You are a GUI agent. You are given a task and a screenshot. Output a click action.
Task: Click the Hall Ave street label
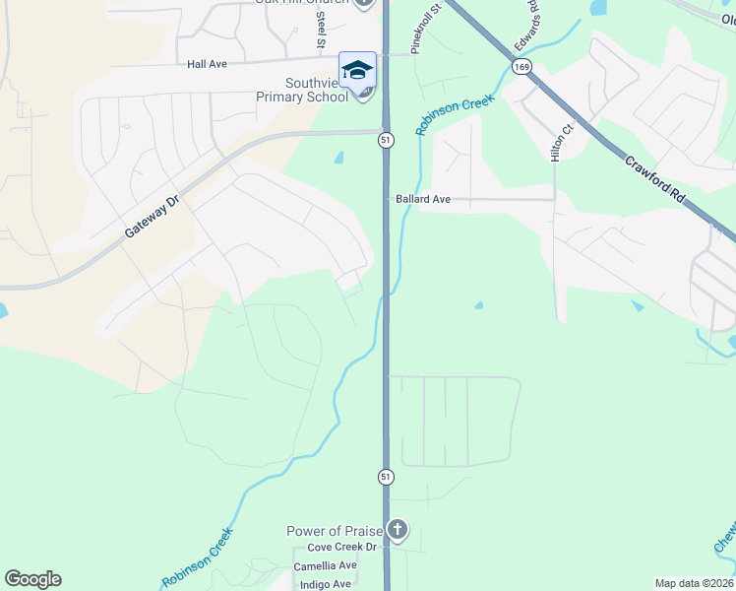[x=207, y=64]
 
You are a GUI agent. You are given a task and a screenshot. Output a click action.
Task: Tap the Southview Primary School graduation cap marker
[x=357, y=70]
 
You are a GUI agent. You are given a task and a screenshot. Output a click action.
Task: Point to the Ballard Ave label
[x=423, y=199]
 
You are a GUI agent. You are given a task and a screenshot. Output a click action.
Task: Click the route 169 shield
[x=521, y=66]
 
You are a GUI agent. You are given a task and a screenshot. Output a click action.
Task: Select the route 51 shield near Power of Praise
[x=386, y=476]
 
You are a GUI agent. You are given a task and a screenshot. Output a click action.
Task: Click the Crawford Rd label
[x=652, y=177]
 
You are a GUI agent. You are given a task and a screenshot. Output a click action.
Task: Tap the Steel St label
[x=321, y=28]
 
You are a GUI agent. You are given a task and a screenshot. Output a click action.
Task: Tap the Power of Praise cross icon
[x=397, y=531]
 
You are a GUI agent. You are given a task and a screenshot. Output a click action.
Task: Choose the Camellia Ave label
[x=325, y=566]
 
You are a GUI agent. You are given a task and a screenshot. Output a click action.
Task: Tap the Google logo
[x=32, y=579]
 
